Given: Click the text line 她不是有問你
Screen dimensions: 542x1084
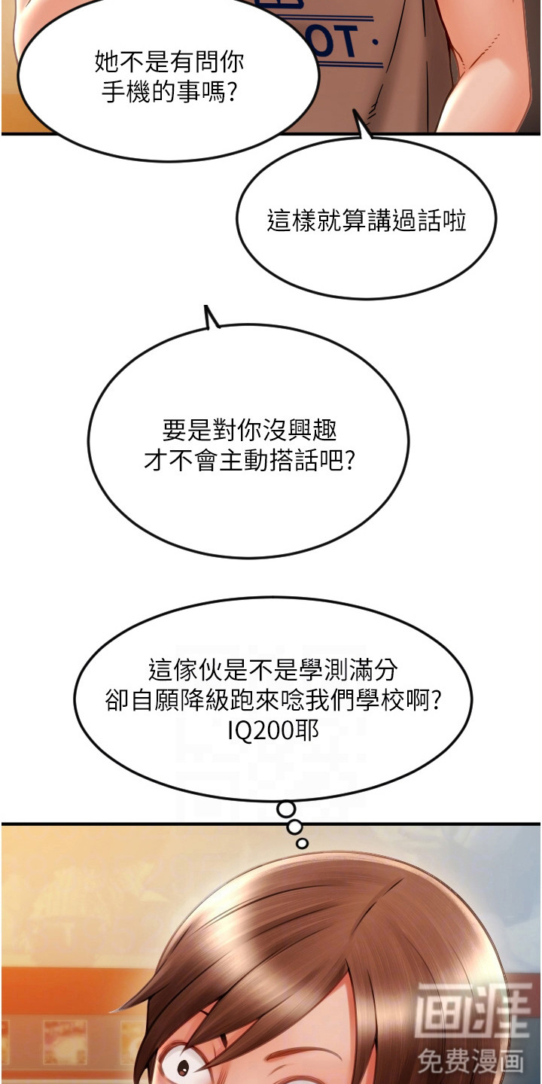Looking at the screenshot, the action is (x=169, y=62).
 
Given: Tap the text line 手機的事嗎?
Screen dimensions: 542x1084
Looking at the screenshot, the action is (x=169, y=92).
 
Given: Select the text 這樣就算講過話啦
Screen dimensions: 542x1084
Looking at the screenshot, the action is (x=367, y=221).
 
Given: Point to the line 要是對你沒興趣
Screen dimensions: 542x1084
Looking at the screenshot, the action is (x=249, y=430).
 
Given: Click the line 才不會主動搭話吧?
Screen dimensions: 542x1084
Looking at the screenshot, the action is (x=249, y=460).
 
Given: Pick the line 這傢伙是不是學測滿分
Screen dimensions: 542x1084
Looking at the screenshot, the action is (x=273, y=670).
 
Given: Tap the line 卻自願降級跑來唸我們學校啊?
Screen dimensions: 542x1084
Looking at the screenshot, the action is (x=273, y=700).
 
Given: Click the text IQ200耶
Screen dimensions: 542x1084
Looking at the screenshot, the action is (x=273, y=730).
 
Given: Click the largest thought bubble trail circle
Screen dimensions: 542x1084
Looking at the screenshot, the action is (x=286, y=808).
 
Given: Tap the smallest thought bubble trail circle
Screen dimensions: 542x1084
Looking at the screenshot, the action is (x=303, y=843).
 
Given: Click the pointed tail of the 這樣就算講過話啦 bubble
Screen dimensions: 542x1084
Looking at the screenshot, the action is (x=354, y=111).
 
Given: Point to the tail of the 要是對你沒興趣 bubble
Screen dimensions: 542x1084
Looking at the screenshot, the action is (x=206, y=306).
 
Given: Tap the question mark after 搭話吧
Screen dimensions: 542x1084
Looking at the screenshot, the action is (x=349, y=460).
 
